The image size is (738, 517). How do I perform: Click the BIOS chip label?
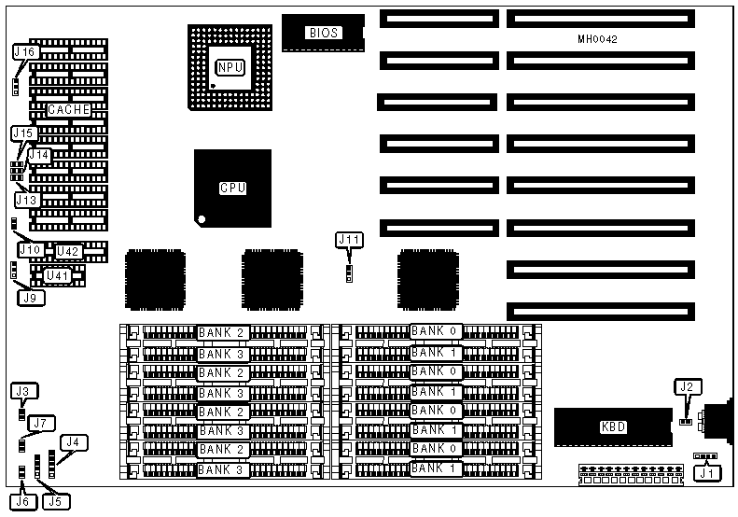(322, 33)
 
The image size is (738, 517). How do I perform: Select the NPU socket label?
(230, 67)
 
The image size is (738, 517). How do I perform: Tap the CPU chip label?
(232, 188)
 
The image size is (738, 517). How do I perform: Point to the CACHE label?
(69, 110)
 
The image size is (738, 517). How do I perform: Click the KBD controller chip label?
(613, 427)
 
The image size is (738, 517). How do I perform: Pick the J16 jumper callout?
(25, 52)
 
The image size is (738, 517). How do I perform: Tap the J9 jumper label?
(30, 299)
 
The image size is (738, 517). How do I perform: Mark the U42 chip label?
(68, 251)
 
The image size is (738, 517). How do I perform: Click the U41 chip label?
(58, 275)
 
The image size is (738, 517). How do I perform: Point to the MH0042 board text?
(597, 40)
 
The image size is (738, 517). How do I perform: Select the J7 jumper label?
(37, 424)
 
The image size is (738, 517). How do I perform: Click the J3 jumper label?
(23, 390)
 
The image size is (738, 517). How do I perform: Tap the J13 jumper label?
(27, 199)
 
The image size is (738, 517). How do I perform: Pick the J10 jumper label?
(30, 250)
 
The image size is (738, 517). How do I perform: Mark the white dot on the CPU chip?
(201, 220)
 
